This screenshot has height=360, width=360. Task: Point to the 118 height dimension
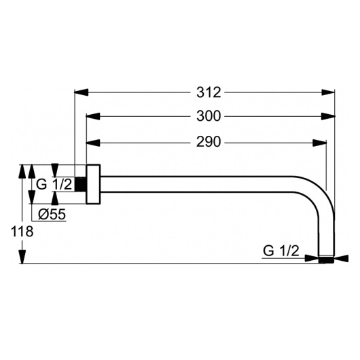coord(22,232)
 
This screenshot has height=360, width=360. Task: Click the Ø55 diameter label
coord(51,215)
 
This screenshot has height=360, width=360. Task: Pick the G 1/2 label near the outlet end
coord(281,251)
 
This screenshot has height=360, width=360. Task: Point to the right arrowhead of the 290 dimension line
coord(321,143)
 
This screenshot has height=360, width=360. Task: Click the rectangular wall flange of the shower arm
coord(94,183)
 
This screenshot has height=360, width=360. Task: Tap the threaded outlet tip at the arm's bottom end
coord(327,258)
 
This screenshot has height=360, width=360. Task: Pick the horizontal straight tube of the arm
coord(204,183)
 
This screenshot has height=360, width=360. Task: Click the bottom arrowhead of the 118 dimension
coord(22,258)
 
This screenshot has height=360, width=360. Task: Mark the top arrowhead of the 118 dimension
coord(22,169)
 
